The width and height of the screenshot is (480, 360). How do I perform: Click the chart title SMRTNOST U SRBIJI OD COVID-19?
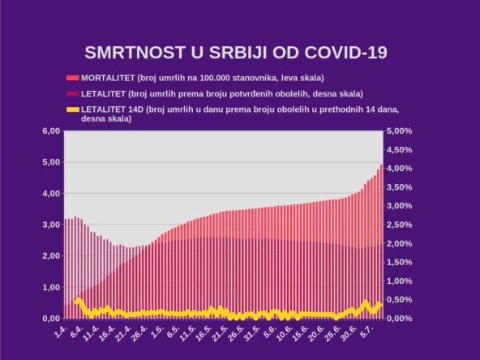click(x=236, y=53)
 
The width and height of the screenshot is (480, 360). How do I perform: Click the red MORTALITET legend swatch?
click(x=73, y=79)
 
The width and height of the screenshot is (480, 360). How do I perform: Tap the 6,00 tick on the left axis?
click(x=50, y=131)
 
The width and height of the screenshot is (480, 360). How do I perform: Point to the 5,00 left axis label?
click(x=50, y=162)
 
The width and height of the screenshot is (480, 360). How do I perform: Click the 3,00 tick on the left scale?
click(x=50, y=225)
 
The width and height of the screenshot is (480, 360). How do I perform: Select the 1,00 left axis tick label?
click(x=50, y=287)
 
